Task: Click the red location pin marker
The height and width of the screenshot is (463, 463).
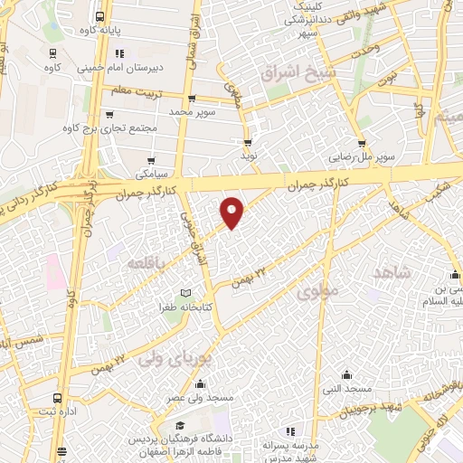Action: tap(233, 212)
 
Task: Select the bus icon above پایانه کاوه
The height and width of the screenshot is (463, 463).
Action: tap(99, 15)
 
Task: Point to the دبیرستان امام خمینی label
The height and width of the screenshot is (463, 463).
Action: tap(118, 66)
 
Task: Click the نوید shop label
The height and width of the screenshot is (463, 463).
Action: tap(248, 156)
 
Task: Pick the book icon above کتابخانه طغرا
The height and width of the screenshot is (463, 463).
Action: tap(185, 293)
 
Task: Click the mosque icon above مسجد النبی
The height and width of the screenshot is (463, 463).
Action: tap(346, 374)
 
